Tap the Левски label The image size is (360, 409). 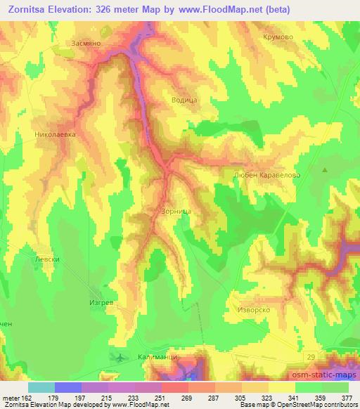tap(39, 259)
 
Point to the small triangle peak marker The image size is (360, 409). tap(325, 170)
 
